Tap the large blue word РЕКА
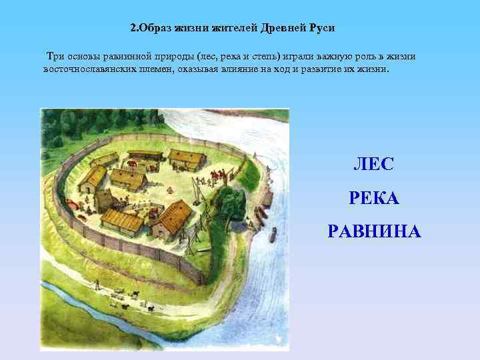373,198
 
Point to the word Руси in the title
320,29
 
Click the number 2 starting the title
132,29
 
